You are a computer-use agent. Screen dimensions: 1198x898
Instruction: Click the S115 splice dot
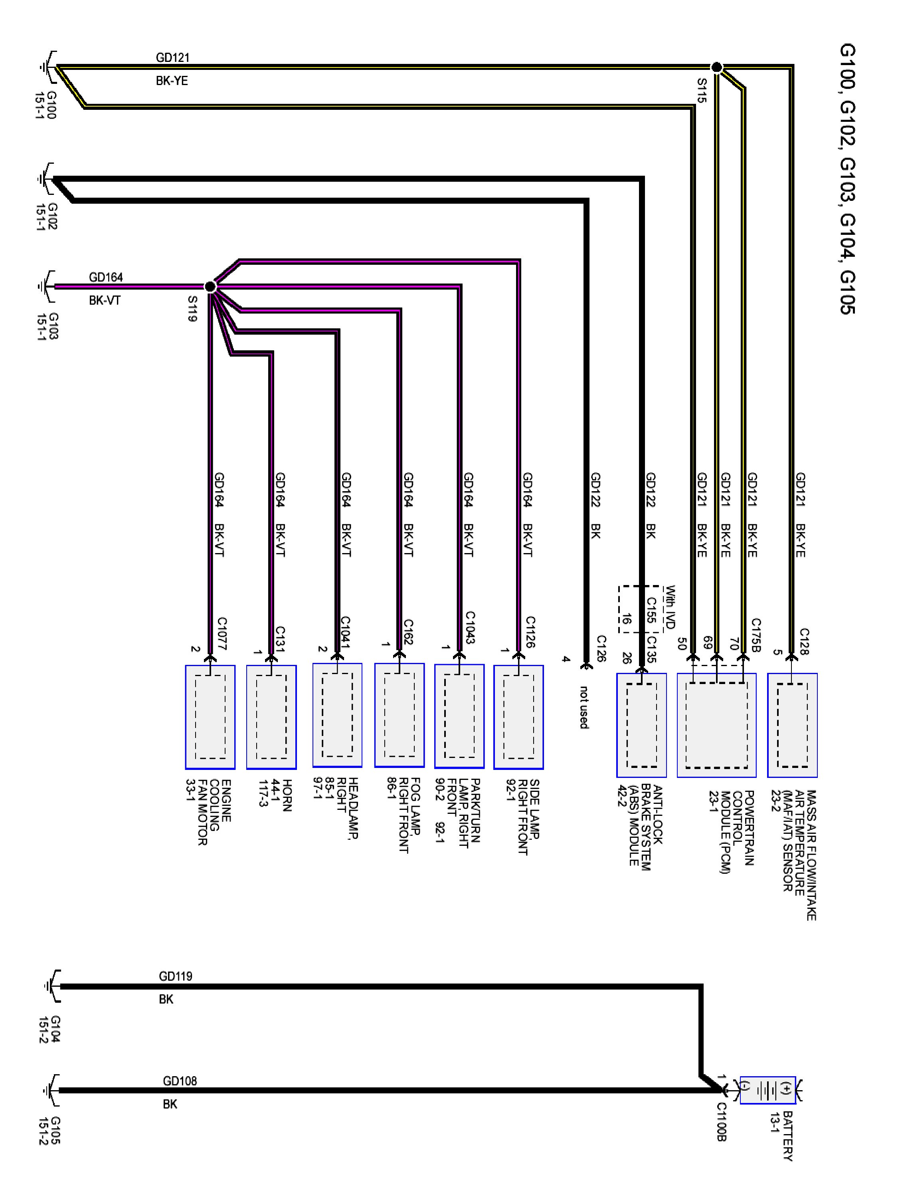coord(716,67)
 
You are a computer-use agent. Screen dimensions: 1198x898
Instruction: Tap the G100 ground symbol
coord(47,68)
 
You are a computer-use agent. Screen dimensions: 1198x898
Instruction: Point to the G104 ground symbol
coord(51,986)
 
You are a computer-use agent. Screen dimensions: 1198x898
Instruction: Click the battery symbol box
coord(767,1090)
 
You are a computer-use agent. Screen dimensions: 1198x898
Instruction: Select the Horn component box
coord(271,716)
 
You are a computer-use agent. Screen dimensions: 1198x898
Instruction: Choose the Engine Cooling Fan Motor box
coord(210,716)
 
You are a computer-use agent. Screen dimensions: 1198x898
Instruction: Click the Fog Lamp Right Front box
coord(399,715)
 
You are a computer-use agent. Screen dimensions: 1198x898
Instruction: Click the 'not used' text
coord(584,707)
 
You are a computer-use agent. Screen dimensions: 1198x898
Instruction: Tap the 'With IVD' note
coord(670,607)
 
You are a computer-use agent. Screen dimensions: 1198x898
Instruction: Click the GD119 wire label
coord(175,976)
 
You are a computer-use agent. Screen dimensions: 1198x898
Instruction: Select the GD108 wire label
coord(179,1081)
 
